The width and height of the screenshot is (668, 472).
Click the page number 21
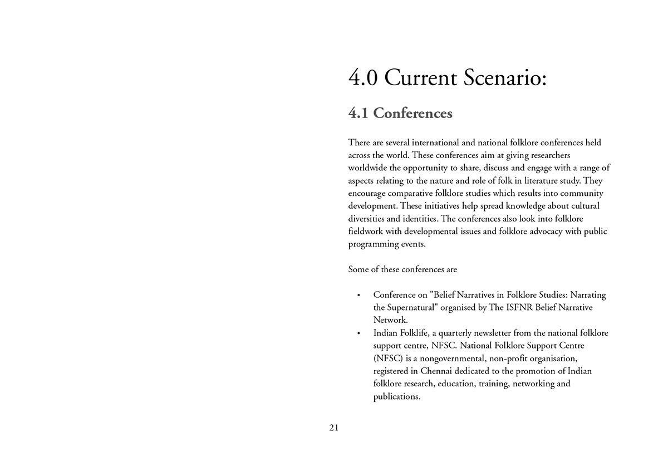pos(334,427)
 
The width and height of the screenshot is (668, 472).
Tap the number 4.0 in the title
pos(363,77)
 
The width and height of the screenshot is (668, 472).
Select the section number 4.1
pos(358,113)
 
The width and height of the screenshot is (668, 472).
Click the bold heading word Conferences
pos(412,113)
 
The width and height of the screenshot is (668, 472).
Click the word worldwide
pos(367,168)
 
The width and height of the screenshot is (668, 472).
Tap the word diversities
pos(369,219)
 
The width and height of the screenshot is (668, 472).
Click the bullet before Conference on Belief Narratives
pos(359,295)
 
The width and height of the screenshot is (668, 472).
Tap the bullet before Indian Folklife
pos(359,333)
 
